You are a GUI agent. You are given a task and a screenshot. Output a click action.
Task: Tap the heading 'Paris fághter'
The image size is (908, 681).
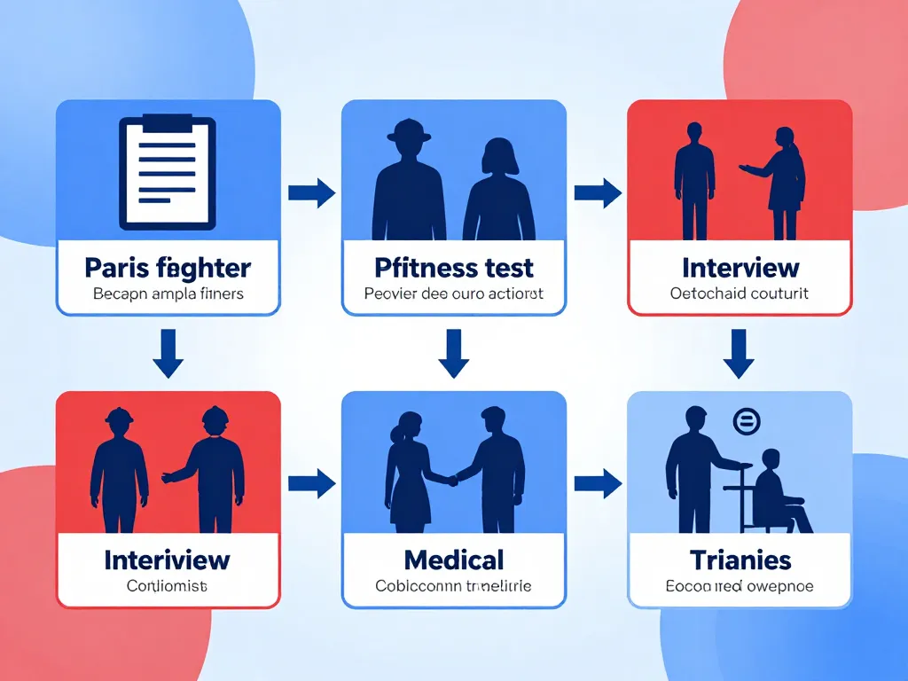coord(168,267)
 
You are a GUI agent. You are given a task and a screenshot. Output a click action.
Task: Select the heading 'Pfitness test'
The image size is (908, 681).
coord(453,267)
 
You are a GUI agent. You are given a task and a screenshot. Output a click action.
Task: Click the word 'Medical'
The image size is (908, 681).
coord(453,560)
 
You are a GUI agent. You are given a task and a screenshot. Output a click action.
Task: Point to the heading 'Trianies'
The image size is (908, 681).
coord(740,560)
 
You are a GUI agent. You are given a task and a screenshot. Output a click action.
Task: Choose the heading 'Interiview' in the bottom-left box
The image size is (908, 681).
coord(168,560)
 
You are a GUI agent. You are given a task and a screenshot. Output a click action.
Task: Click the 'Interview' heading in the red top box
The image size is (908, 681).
coord(740,267)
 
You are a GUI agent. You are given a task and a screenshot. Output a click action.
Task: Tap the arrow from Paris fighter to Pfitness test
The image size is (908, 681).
coord(311,192)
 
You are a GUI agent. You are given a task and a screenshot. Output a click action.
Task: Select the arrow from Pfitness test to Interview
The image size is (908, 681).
coord(597,192)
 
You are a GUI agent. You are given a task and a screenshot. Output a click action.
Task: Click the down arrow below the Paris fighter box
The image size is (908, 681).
coord(168,353)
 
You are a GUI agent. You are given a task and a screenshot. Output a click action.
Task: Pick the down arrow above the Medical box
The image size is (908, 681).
coord(453,353)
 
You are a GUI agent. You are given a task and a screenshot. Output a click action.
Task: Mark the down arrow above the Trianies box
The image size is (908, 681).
coord(738,353)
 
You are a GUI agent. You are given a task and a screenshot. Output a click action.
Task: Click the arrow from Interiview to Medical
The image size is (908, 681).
coord(311,483)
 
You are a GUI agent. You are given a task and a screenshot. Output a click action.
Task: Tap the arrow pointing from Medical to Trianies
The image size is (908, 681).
coord(597,483)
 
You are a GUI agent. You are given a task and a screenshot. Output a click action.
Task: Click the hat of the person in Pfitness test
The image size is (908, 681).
coord(409,129)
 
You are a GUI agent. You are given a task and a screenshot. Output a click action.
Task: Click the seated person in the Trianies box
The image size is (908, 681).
coord(778,492)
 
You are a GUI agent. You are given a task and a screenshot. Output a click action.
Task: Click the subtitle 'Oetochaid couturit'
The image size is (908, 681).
coord(740,294)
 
